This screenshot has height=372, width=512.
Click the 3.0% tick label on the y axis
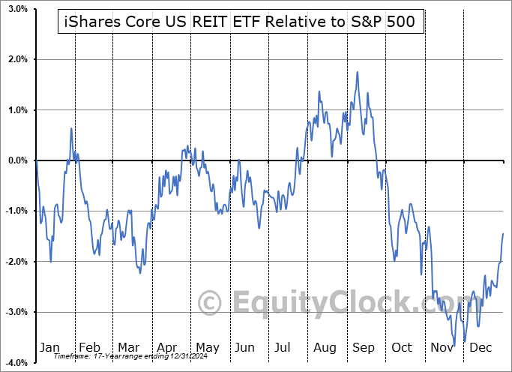(16, 9)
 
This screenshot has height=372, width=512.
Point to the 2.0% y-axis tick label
(16, 59)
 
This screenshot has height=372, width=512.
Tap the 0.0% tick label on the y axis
(16, 160)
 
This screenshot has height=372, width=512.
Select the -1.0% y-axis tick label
(16, 211)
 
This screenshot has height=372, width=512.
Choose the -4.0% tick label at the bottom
(16, 363)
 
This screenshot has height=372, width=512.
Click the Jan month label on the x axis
(49, 347)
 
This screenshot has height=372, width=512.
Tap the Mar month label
(128, 347)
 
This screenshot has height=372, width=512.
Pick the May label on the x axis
(208, 347)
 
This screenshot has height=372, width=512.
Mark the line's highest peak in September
(358, 72)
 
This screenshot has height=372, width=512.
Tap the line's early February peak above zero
(71, 128)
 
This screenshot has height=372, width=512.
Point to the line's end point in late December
(503, 234)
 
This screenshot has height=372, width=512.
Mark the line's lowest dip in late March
(139, 273)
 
